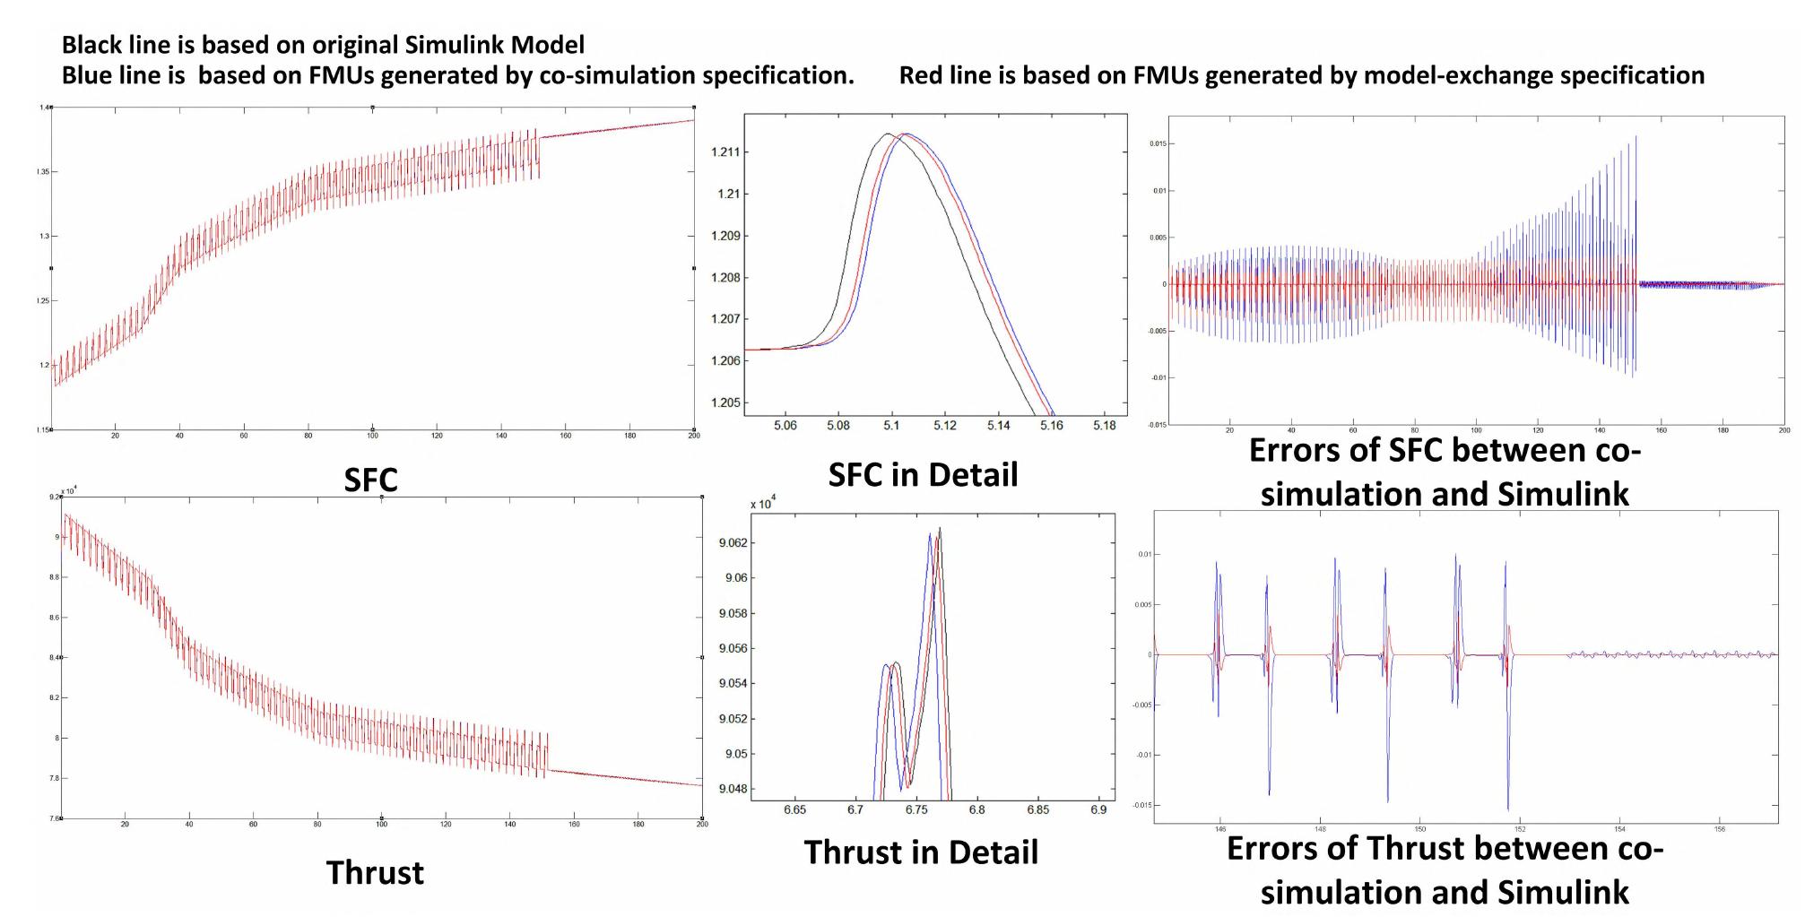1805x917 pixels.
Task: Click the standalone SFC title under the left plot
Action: pyautogui.click(x=370, y=480)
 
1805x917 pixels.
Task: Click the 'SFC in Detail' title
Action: pyautogui.click(x=923, y=475)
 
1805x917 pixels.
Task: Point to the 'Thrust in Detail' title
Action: pyautogui.click(x=921, y=852)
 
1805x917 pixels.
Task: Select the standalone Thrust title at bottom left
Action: pyautogui.click(x=375, y=873)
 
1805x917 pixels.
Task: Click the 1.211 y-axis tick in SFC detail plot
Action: pyautogui.click(x=725, y=152)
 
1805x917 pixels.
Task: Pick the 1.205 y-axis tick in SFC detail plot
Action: pyautogui.click(x=725, y=402)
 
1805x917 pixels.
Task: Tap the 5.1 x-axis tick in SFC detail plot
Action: pyautogui.click(x=891, y=426)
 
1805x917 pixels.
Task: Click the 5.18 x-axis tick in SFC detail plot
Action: pyautogui.click(x=1104, y=426)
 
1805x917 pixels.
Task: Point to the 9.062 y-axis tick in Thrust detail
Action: pyautogui.click(x=733, y=543)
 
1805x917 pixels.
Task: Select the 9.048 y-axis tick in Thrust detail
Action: pyautogui.click(x=733, y=790)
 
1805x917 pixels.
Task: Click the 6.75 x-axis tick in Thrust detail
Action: pyautogui.click(x=916, y=809)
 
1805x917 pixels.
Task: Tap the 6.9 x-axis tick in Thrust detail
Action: pyautogui.click(x=1098, y=809)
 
